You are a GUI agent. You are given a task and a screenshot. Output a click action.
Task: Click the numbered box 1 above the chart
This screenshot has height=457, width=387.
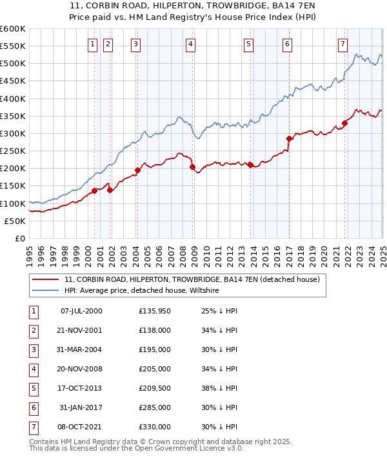(x=92, y=44)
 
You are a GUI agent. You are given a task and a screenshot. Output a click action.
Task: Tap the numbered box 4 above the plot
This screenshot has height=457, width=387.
(x=191, y=44)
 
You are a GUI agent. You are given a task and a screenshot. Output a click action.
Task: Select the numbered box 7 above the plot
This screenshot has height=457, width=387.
(x=342, y=44)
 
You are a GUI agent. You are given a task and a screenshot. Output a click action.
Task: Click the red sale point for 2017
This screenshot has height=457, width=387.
(x=289, y=138)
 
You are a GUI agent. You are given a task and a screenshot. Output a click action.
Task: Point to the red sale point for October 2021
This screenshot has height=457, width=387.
(x=345, y=123)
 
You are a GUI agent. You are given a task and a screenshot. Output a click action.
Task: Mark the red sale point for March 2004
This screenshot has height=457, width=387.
(x=137, y=171)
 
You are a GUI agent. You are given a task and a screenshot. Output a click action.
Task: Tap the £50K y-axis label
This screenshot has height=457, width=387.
(x=15, y=221)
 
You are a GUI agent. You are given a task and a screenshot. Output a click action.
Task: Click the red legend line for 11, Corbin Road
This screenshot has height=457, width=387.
(x=46, y=280)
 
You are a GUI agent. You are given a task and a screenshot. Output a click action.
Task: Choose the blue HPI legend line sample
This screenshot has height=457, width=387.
(x=46, y=291)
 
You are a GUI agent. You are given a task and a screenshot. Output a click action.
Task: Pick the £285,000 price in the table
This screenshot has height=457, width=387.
(x=155, y=407)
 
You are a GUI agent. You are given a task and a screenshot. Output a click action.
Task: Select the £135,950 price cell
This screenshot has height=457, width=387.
(x=155, y=312)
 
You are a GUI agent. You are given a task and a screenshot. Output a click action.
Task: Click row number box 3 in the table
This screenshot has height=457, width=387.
(x=33, y=350)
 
